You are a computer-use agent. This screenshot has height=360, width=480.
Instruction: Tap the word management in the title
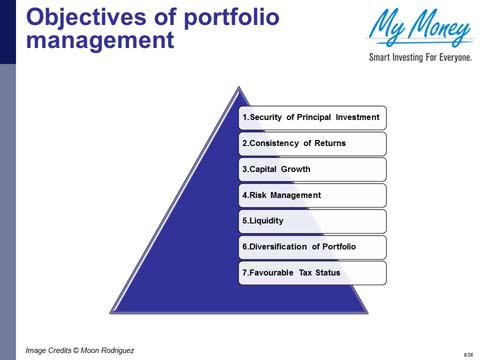pyautogui.click(x=99, y=44)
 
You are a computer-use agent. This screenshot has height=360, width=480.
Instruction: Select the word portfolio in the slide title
pyautogui.click(x=216, y=18)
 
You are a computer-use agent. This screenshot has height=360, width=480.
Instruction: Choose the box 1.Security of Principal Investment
pyautogui.click(x=312, y=118)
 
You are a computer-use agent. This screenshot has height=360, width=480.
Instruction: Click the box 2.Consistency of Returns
pyautogui.click(x=312, y=144)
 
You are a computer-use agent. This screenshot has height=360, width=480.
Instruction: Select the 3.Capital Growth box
pyautogui.click(x=312, y=170)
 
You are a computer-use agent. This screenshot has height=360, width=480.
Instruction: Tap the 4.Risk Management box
pyautogui.click(x=312, y=195)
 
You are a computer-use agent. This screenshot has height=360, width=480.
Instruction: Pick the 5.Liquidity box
pyautogui.click(x=312, y=221)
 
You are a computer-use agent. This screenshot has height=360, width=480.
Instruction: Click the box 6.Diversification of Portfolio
pyautogui.click(x=312, y=247)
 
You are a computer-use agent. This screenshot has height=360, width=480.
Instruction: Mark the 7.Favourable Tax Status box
pyautogui.click(x=312, y=272)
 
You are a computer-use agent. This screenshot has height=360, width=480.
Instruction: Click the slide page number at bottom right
pyautogui.click(x=468, y=354)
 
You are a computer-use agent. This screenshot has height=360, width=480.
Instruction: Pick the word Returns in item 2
pyautogui.click(x=330, y=144)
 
